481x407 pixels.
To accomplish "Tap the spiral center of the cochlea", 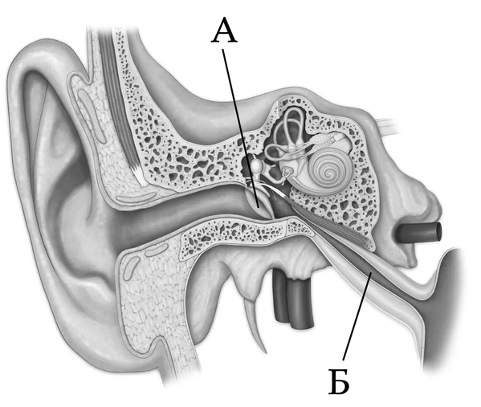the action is (x=330, y=174).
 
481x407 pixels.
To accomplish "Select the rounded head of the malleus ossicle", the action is (x=257, y=165).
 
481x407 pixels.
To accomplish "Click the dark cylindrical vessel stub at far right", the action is (x=419, y=232).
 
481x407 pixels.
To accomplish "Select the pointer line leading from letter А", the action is (x=241, y=128).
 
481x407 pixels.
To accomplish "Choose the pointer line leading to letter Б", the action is (x=357, y=316).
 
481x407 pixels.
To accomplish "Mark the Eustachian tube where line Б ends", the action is (x=371, y=272).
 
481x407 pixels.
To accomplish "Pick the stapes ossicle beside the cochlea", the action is (x=286, y=174).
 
